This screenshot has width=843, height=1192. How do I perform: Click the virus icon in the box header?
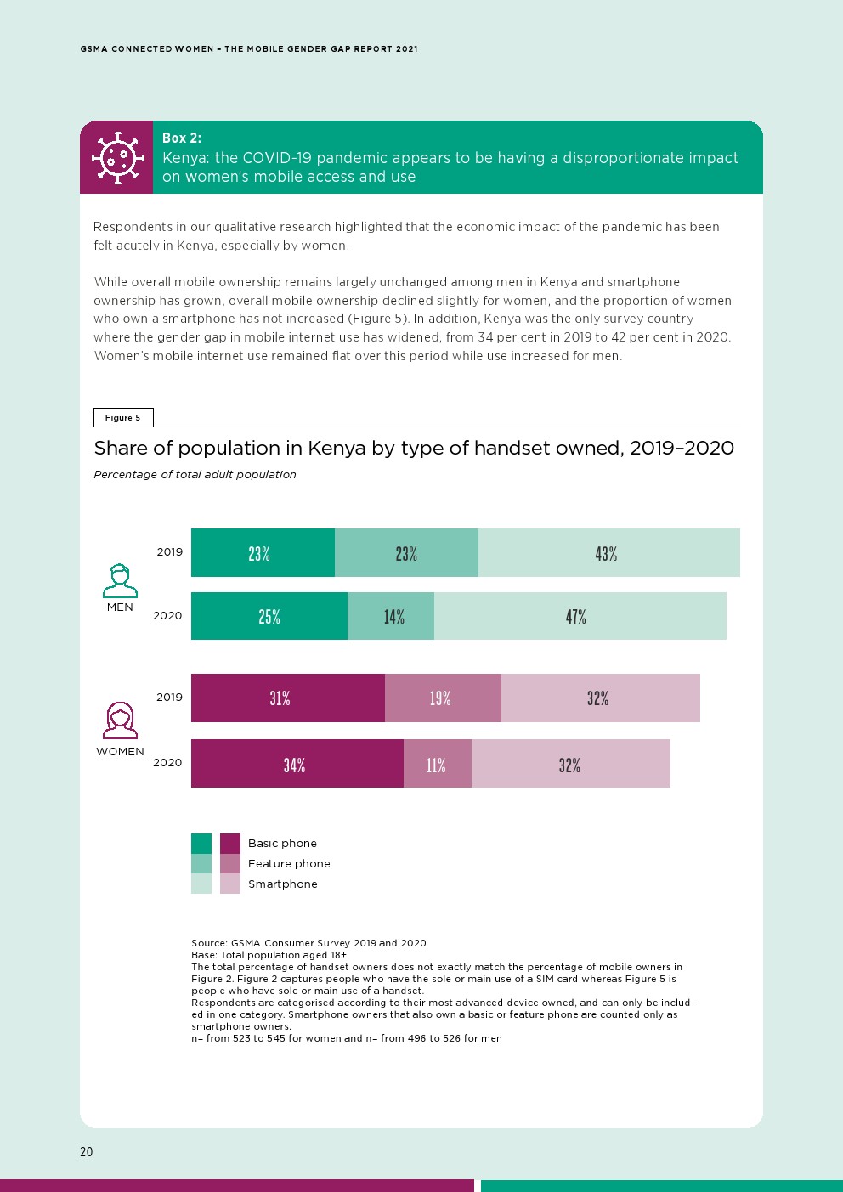coord(116,157)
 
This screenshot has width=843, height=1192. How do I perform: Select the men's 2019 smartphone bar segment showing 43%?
coord(608,553)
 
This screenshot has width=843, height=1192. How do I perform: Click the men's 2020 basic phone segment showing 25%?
coord(269,616)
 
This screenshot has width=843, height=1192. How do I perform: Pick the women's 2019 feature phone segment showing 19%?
coord(443,698)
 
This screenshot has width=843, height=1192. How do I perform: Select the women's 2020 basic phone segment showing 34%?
coord(297,764)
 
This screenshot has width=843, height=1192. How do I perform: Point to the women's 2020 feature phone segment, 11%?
coord(437,764)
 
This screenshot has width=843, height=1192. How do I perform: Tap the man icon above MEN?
coord(120,581)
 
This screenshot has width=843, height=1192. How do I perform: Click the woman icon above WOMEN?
coord(120,720)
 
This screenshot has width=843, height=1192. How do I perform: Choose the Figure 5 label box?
coord(123,417)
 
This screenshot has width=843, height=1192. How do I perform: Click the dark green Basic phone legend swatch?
coord(201,843)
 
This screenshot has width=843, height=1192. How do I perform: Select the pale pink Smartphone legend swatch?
coord(230,884)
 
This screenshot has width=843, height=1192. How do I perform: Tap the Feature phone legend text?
coord(289,863)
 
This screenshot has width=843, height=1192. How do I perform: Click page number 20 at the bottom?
coord(87,1152)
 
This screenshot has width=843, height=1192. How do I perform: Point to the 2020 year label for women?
coord(167,762)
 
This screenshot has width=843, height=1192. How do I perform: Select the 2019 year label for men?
coord(169,552)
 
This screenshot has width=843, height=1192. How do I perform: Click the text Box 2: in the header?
coord(182,138)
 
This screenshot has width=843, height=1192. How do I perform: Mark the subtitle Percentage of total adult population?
coord(195,474)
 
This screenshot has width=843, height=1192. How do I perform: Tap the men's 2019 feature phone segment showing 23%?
coord(406,553)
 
